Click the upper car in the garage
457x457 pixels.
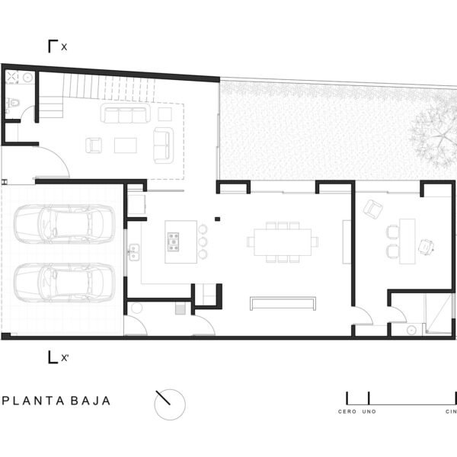[x=65, y=224]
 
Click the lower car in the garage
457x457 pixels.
[x=65, y=283]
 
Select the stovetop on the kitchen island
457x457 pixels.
[x=173, y=241]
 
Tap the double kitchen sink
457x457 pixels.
[x=134, y=252]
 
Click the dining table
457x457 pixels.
[x=283, y=242]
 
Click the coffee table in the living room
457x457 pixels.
[x=126, y=145]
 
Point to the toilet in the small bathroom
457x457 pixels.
[x=14, y=103]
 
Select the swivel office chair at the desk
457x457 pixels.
[x=427, y=247]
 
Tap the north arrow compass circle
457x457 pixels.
[x=170, y=404]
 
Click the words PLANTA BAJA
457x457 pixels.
[x=56, y=401]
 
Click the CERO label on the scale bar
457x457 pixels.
[x=347, y=411]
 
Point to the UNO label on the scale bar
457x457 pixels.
[x=369, y=411]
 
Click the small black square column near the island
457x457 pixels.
[x=217, y=219]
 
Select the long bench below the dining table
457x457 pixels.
[x=283, y=303]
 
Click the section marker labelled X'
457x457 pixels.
[x=58, y=357]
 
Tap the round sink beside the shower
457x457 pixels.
[x=411, y=330]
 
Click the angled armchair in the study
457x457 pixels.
[x=373, y=209]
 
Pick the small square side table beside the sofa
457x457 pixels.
[x=165, y=114]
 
